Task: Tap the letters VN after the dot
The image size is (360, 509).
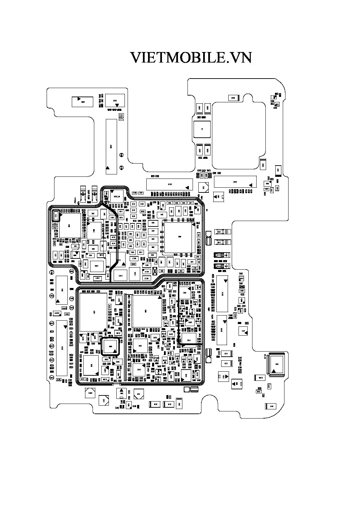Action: click(240, 58)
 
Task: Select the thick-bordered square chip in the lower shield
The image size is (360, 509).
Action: click(110, 346)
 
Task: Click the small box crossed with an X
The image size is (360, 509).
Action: click(154, 271)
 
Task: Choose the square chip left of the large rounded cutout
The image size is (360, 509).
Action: click(202, 129)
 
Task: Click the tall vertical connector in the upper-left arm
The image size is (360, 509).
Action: click(111, 147)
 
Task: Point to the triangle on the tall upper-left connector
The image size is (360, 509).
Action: click(108, 168)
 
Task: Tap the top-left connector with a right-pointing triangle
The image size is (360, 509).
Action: click(82, 102)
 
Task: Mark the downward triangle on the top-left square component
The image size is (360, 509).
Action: click(117, 105)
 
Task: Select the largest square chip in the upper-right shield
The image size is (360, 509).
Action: click(180, 237)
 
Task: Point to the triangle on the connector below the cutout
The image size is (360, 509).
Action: click(251, 185)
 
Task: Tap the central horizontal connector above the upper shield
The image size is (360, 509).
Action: click(169, 184)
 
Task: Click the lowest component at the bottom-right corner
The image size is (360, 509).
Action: click(271, 406)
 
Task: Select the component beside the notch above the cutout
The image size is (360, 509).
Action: click(233, 98)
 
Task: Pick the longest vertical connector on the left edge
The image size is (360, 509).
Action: click(62, 348)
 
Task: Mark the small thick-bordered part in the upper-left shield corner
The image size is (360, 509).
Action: click(56, 216)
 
